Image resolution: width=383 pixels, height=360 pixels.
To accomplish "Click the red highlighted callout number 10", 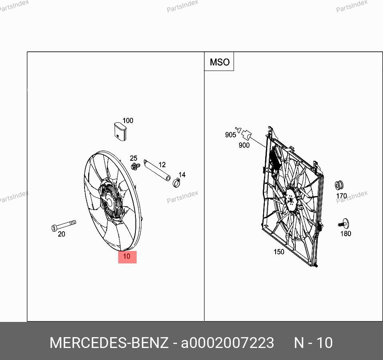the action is point(127,257).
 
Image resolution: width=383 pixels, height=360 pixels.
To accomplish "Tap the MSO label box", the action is point(219,62).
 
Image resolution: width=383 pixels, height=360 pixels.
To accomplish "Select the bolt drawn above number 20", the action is point(64,225).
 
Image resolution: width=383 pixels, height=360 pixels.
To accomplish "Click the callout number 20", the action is point(61,234).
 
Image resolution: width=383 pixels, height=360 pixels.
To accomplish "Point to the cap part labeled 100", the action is point(120,131).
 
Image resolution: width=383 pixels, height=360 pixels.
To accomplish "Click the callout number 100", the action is point(128,121).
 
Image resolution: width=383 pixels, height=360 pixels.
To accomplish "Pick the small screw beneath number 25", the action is point(135,166).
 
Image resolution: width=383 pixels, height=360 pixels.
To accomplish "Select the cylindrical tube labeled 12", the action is point(157,170).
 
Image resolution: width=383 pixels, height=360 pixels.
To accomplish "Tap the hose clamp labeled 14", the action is point(176,182).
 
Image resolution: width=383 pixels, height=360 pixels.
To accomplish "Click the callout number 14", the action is point(182,175).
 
